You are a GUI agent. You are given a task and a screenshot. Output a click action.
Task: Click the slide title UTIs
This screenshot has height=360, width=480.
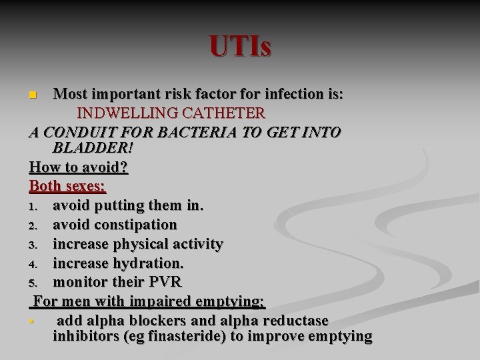click(x=240, y=47)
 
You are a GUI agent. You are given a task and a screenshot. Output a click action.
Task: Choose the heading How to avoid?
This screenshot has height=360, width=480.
click(x=79, y=167)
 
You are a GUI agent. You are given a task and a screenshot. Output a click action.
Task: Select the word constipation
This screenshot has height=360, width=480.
click(x=136, y=225)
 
